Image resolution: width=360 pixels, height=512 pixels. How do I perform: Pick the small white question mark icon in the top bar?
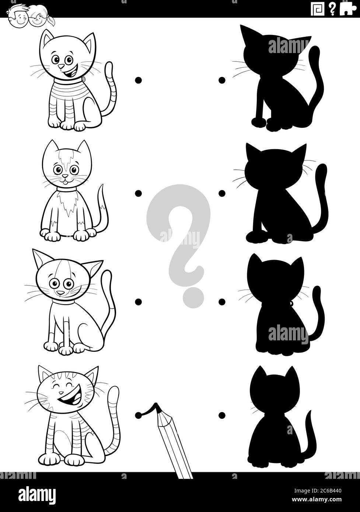click(x=332, y=9)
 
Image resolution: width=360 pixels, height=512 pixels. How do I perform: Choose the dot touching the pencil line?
click(x=139, y=415)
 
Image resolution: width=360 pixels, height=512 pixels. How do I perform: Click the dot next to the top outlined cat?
click(x=139, y=80)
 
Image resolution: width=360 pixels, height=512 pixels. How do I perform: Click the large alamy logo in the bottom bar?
click(x=32, y=493)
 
